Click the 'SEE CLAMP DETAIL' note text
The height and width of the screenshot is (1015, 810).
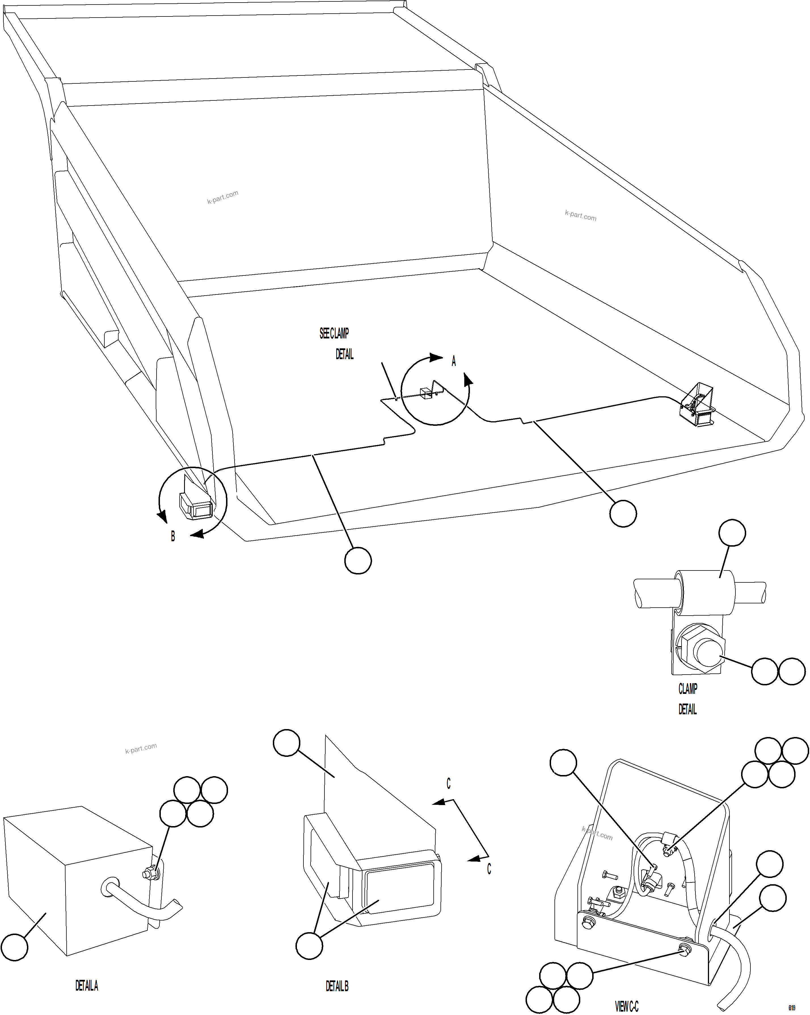(336, 344)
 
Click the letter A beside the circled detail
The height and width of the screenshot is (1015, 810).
(454, 361)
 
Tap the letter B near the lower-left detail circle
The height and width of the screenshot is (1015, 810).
(173, 536)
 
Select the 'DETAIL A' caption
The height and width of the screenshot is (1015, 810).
(87, 985)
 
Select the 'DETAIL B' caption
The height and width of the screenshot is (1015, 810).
(337, 986)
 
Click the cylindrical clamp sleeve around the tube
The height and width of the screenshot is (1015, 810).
(704, 592)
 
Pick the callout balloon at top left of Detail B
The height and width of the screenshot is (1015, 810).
(287, 743)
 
